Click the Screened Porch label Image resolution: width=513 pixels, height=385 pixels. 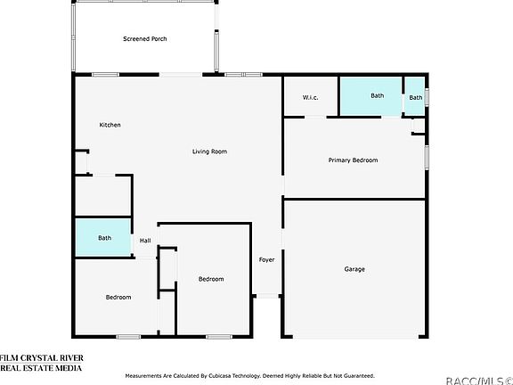[x=144, y=39]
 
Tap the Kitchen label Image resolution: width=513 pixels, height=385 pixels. [x=110, y=125]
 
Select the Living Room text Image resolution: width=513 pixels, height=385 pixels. [x=209, y=152]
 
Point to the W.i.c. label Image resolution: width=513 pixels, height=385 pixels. [x=310, y=97]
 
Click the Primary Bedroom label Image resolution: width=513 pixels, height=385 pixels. [x=353, y=160]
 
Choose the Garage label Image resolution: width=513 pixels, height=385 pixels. [x=354, y=269]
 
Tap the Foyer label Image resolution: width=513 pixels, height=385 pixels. [x=266, y=260]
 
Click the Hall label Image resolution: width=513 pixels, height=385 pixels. [x=144, y=240]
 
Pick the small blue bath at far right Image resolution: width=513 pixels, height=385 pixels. [x=416, y=97]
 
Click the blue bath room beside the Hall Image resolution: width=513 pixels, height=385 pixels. [x=103, y=238]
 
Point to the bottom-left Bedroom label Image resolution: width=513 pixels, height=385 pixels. [x=118, y=297]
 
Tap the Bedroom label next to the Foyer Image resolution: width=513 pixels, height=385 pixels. [x=211, y=279]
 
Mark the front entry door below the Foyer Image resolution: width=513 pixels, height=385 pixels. [x=267, y=298]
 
